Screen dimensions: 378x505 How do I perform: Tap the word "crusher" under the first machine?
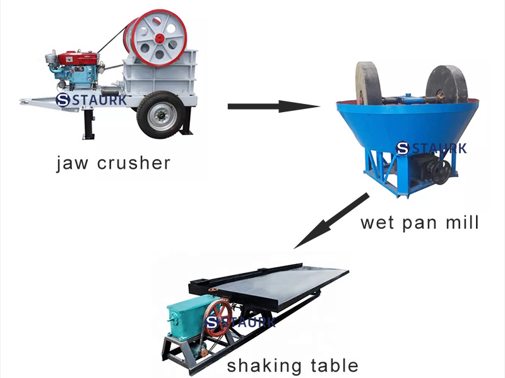(x=134, y=163)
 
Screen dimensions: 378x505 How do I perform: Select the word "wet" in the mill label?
(x=378, y=222)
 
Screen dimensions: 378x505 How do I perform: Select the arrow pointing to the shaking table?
(x=331, y=220)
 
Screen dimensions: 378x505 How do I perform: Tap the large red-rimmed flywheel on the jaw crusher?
(x=158, y=37)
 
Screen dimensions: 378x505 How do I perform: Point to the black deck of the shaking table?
(x=284, y=287)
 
